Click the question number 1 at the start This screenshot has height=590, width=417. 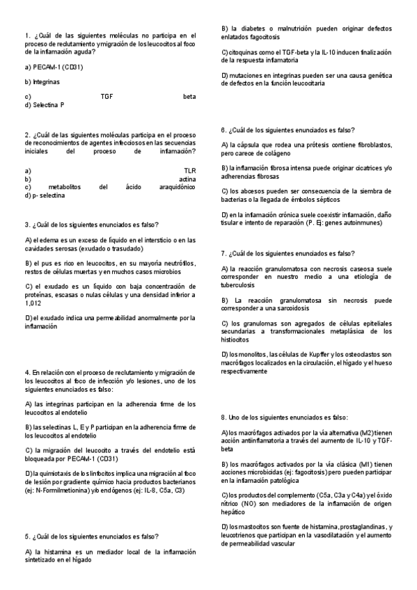[x=26, y=35]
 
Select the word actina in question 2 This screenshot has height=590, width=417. [x=187, y=180]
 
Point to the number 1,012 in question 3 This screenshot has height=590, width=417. [x=33, y=303]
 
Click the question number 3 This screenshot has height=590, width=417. [x=26, y=225]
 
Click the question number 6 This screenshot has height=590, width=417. [x=223, y=130]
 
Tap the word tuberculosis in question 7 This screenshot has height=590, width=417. [x=242, y=285]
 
